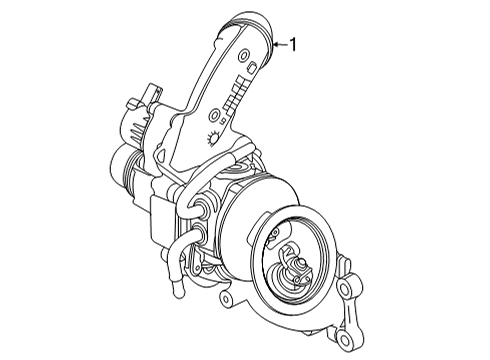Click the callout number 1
[x=294, y=43]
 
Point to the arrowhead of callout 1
[x=277, y=43]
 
